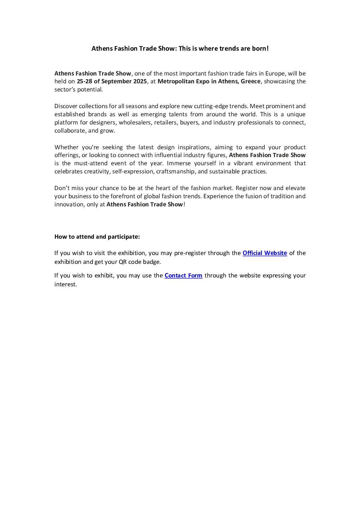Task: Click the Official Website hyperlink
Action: pyautogui.click(x=265, y=253)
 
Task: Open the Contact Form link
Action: pyautogui.click(x=183, y=275)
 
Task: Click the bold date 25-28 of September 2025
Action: pyautogui.click(x=112, y=81)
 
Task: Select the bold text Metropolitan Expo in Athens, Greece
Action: pyautogui.click(x=209, y=81)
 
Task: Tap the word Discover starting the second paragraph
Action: pyautogui.click(x=66, y=106)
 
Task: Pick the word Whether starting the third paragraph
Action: pyautogui.click(x=66, y=147)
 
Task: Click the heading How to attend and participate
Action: pyautogui.click(x=97, y=237)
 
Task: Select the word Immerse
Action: pyautogui.click(x=179, y=163)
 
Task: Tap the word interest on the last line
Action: pyautogui.click(x=65, y=284)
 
